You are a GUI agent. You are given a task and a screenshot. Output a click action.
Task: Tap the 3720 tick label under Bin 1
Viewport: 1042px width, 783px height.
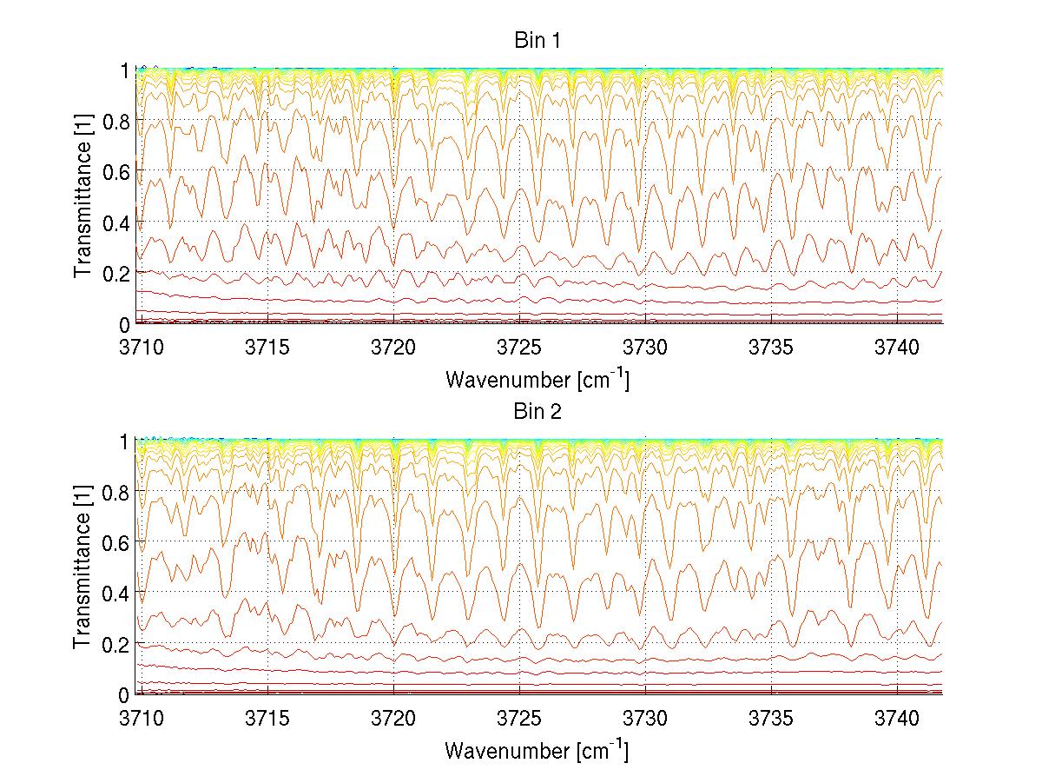(394, 347)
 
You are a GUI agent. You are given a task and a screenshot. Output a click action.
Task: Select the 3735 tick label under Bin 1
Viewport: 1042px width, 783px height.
(772, 347)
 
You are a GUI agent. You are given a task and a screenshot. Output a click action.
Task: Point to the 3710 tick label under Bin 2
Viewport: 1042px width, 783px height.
(142, 718)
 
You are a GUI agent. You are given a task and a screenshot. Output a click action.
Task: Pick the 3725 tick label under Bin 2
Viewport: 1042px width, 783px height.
(520, 718)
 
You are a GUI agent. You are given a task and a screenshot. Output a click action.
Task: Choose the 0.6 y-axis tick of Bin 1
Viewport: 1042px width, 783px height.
(117, 172)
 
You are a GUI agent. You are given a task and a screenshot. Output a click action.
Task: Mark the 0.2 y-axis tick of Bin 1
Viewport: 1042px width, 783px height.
(117, 273)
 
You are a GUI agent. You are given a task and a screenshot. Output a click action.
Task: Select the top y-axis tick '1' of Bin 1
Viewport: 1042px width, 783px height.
(125, 70)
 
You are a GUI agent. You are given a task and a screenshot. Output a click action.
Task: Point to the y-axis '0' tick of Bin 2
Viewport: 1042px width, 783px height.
(125, 694)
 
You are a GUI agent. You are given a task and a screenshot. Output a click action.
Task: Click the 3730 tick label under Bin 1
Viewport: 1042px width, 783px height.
(646, 347)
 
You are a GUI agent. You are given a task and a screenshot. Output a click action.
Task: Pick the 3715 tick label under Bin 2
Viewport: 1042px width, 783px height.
(268, 718)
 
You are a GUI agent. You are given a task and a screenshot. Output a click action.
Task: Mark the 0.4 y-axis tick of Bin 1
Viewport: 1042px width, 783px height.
(117, 222)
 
